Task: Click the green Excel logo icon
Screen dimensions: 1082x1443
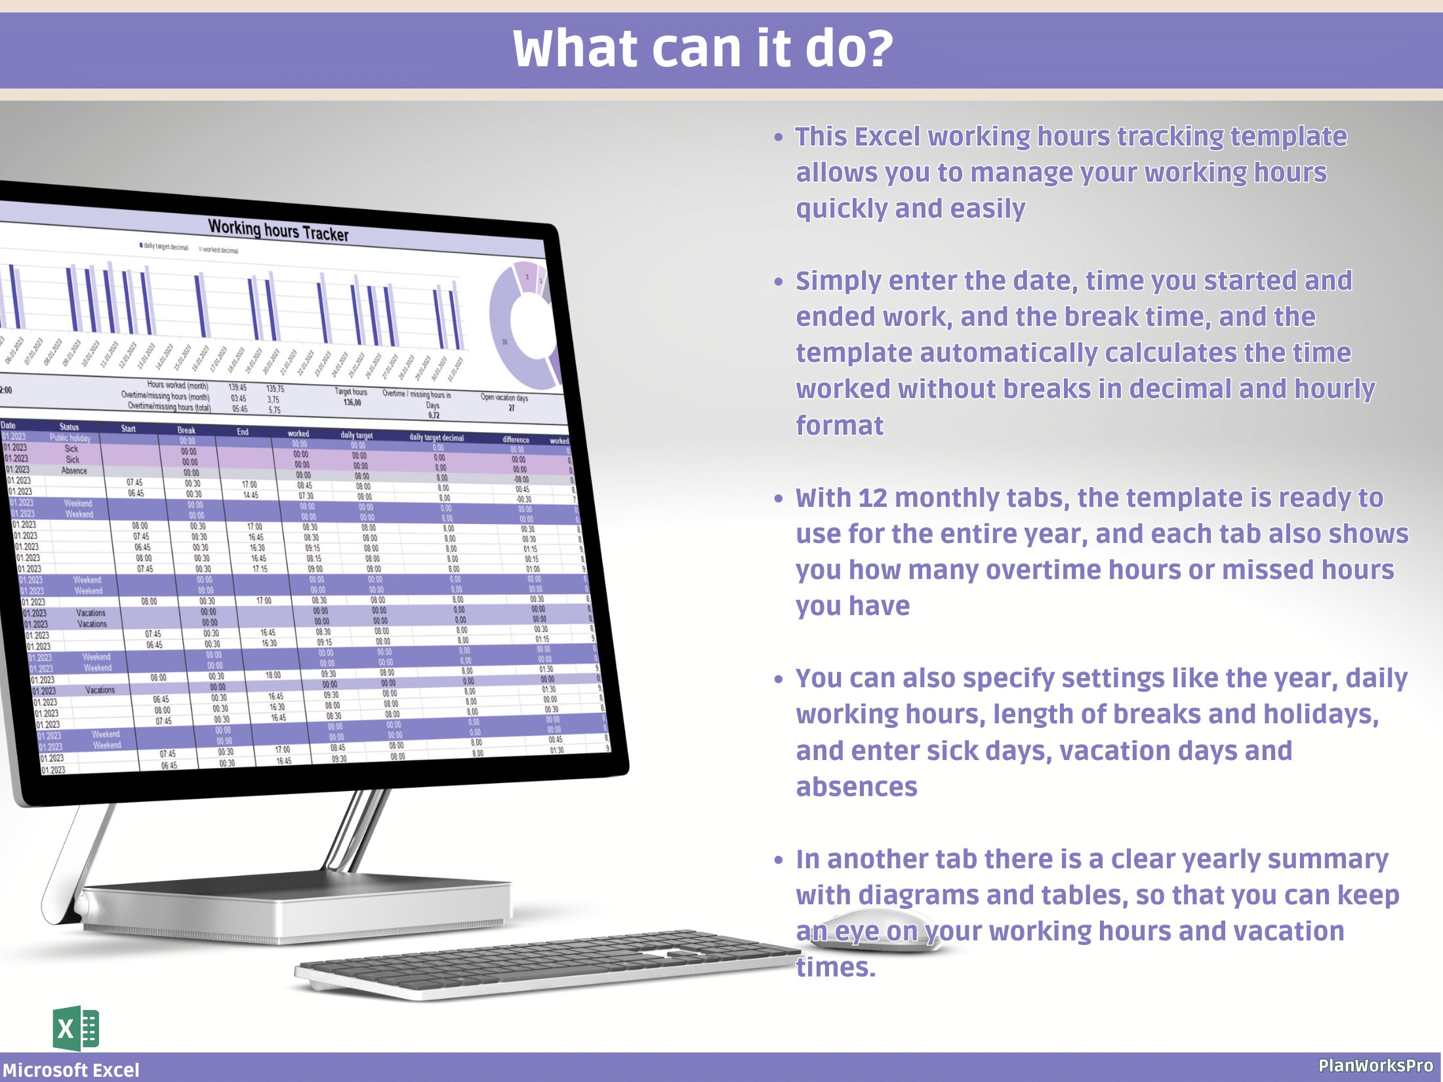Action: point(76,1028)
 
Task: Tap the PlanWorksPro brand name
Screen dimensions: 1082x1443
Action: point(1375,1066)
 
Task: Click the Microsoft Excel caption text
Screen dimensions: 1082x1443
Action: point(71,1070)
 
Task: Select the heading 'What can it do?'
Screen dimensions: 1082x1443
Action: point(702,49)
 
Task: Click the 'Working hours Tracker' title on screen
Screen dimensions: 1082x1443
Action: point(278,230)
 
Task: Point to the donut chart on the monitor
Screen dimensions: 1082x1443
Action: point(521,325)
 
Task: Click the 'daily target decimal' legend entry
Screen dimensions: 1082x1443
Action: point(164,247)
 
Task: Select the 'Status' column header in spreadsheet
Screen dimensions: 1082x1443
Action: point(69,427)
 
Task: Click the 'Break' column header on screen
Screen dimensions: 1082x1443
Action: point(186,431)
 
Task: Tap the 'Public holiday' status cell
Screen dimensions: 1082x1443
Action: point(70,438)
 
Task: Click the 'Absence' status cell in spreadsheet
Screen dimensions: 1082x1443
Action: point(73,471)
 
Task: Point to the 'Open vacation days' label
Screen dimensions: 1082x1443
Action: point(504,397)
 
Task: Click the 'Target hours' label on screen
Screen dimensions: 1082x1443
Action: point(351,392)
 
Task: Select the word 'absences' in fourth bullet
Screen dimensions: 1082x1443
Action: point(856,787)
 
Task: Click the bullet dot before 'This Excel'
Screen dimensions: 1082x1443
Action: point(779,138)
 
